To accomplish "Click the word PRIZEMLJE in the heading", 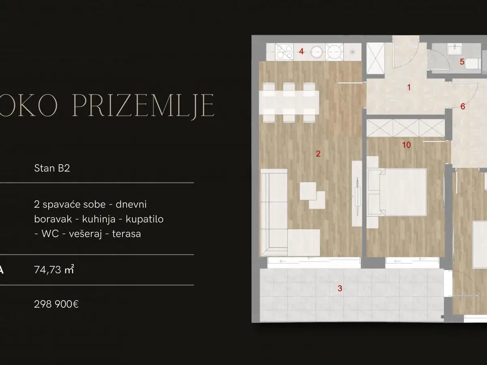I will point(143,106).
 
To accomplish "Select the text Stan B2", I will point(52,168).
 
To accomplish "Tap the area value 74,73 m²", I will point(54,270).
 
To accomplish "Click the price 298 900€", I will point(56,303).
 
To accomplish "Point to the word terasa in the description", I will point(125,234).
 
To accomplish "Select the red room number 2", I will point(318,153).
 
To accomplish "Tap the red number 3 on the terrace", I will point(340,288).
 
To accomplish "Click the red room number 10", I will point(407,145).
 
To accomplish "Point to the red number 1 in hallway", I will point(409,87).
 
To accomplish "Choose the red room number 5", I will point(462,62).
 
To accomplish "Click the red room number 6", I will point(463,107).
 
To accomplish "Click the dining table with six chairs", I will point(289,102).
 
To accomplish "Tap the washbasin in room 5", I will point(454,49).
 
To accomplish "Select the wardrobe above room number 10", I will point(404,128).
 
